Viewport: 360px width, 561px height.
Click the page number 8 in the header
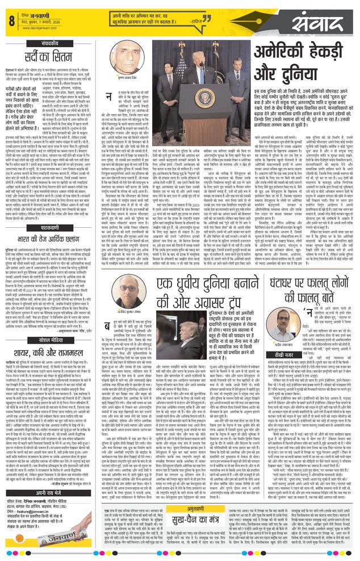tap(11, 21)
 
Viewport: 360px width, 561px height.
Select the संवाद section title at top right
tap(321, 24)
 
